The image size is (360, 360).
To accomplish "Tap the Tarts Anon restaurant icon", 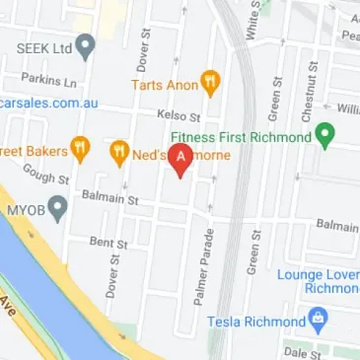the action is [x=210, y=82].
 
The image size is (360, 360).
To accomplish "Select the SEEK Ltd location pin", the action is [x=86, y=45].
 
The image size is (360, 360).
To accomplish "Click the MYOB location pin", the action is [x=58, y=208].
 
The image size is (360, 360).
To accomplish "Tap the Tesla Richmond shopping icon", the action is [x=318, y=320].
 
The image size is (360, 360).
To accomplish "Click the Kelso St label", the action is [x=179, y=114].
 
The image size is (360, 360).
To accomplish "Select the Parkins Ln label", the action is [x=42, y=78].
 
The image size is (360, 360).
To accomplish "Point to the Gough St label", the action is [x=48, y=178].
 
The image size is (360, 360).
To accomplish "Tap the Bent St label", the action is [x=109, y=241].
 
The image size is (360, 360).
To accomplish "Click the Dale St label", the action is [x=303, y=351].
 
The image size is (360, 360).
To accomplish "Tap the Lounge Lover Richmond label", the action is [x=319, y=281].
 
